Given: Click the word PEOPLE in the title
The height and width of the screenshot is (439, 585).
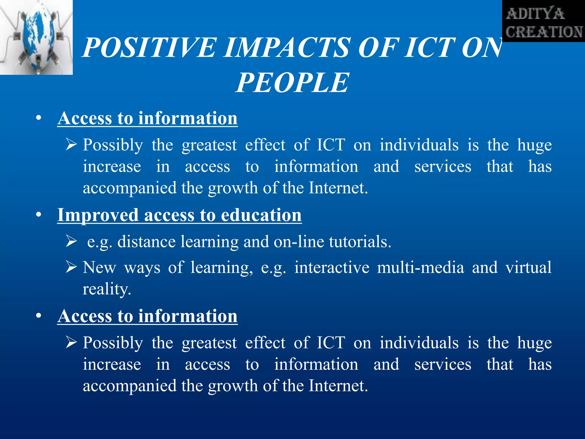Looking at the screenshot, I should click(x=292, y=83).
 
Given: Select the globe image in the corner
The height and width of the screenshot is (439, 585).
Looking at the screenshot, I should click(x=36, y=37).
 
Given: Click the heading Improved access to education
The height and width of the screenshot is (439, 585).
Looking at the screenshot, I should click(x=179, y=215).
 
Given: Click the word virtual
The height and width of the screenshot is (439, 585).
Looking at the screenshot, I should click(x=528, y=268).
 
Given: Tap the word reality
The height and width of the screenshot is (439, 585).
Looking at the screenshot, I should click(x=107, y=289).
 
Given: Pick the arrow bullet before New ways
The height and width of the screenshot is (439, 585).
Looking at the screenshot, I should click(x=71, y=267).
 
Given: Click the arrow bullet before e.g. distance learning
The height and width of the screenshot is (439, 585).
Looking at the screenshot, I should click(x=71, y=241).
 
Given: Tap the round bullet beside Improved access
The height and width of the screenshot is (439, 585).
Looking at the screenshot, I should click(x=39, y=215).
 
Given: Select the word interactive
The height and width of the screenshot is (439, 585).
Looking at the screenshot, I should click(x=332, y=268).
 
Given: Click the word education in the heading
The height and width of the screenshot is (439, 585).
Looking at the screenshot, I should click(x=261, y=215).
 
